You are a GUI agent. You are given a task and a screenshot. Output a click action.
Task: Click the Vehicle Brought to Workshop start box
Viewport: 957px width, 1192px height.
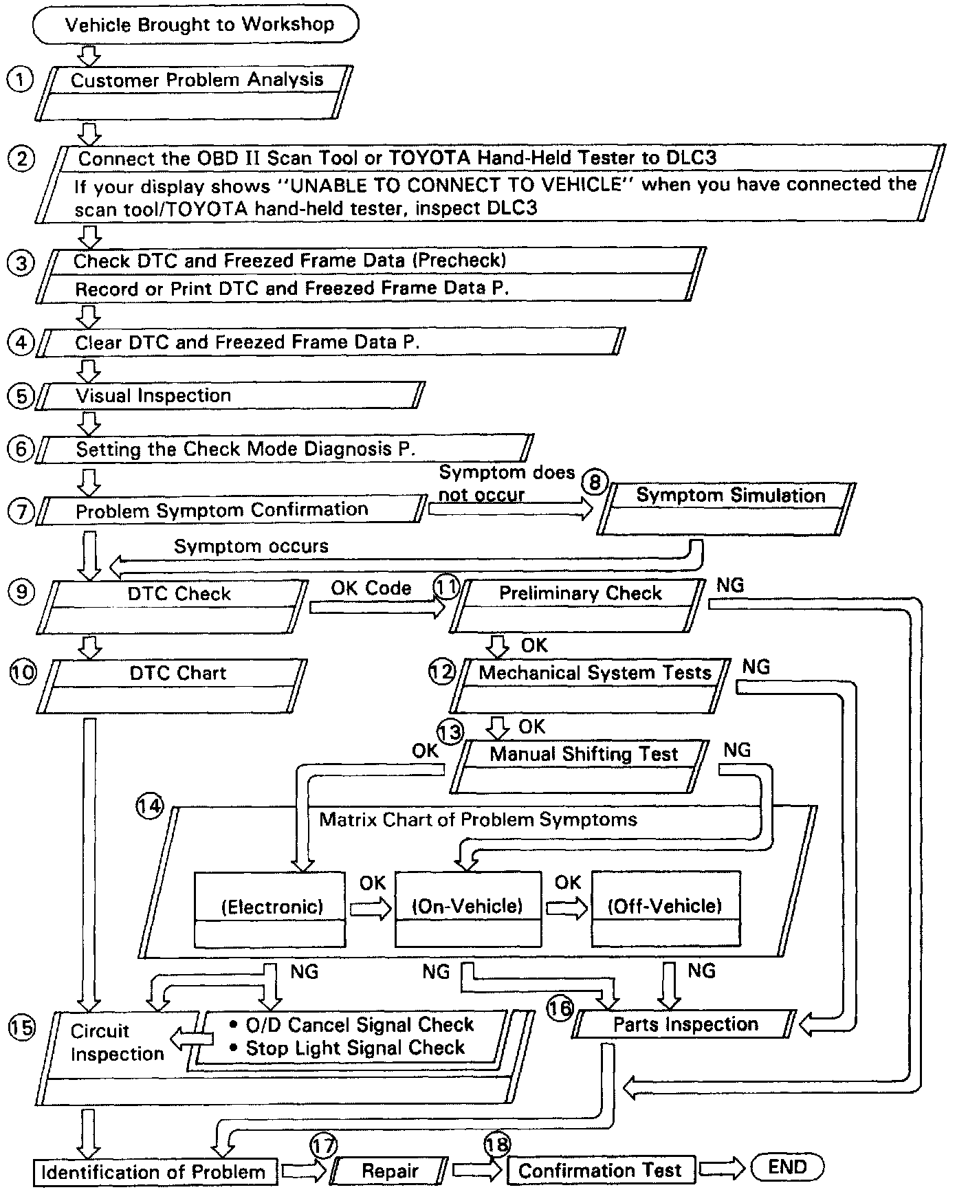point(195,25)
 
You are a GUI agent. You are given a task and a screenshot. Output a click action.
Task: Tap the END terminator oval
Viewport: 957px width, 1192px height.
point(787,1166)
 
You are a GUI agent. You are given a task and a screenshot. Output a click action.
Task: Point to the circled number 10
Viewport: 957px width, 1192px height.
point(23,672)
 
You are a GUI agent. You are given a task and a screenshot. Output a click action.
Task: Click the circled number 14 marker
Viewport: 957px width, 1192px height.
point(150,805)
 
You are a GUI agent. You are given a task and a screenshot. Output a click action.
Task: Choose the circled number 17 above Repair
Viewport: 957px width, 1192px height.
point(323,1145)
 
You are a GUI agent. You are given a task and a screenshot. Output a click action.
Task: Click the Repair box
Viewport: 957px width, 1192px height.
point(390,1171)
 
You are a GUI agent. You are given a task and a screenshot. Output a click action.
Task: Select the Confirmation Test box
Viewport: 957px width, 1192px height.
point(600,1170)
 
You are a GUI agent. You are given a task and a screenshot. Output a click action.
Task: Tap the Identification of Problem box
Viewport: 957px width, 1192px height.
point(155,1171)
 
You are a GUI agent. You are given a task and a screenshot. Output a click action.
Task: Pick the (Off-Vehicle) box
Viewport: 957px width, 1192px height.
point(665,907)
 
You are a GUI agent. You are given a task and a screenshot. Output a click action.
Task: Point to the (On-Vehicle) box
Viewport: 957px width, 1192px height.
point(467,907)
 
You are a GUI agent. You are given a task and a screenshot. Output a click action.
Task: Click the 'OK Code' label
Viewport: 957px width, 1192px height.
point(371,588)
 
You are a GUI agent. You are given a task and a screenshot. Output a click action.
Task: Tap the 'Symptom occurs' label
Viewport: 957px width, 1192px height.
point(251,547)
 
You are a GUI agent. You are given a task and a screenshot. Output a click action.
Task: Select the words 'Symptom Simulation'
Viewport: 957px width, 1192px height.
point(730,496)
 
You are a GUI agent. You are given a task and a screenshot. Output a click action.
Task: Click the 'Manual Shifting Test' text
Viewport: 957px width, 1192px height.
point(584,754)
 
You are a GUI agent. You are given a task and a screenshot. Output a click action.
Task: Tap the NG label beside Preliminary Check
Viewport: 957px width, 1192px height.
point(730,585)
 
